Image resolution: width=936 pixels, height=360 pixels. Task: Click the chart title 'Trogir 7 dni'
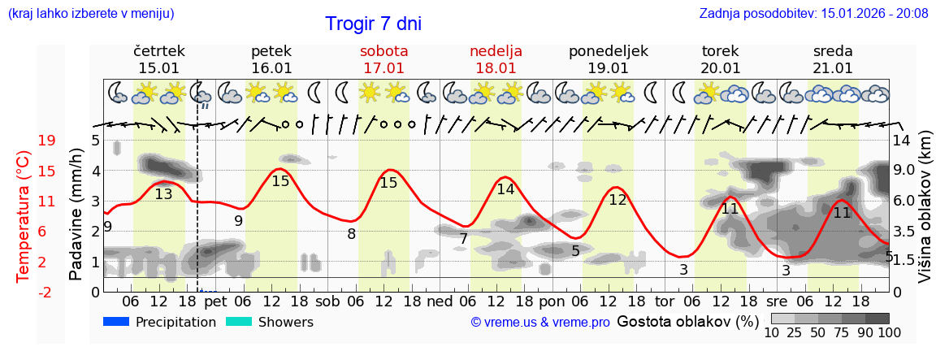click(373, 24)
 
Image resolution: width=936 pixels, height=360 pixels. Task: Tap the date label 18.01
click(496, 68)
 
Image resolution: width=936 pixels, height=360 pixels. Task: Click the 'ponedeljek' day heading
click(609, 51)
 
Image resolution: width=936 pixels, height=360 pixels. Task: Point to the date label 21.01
click(833, 68)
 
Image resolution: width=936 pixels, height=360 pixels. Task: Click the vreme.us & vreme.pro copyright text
click(540, 323)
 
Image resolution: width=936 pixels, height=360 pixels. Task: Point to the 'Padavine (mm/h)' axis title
click(76, 215)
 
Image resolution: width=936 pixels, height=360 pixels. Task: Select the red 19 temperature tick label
click(47, 141)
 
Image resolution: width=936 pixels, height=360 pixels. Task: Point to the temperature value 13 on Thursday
click(163, 194)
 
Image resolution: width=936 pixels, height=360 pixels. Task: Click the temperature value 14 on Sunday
click(505, 189)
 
